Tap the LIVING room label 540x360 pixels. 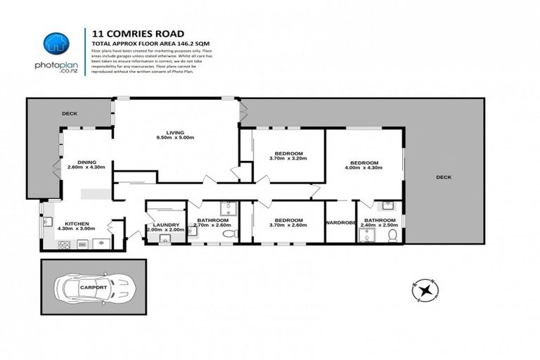pos(174,131)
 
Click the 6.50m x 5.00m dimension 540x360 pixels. pos(174,138)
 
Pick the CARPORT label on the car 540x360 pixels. pos(93,288)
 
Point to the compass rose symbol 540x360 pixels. pos(425,289)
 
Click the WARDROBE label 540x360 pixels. pos(340,223)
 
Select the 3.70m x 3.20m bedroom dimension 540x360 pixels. pos(288,159)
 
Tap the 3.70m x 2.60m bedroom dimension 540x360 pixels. pos(288,226)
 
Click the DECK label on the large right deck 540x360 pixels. pos(443,177)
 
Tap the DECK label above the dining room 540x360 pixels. pos(69,112)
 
